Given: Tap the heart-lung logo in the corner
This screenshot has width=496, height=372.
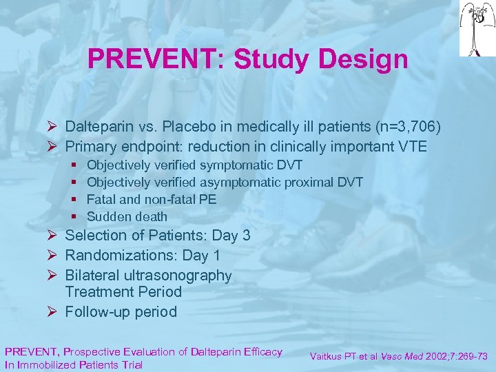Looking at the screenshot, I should click(477, 28).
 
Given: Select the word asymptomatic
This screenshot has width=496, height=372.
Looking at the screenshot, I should click(240, 182).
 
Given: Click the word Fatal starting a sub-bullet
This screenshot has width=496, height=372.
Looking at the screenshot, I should click(102, 199).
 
